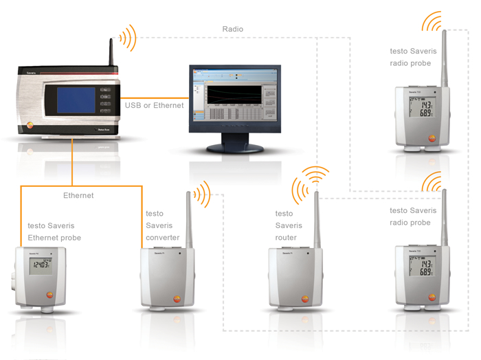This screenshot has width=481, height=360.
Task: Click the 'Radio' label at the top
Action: (x=232, y=29)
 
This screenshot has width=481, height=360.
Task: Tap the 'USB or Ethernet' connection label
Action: (x=155, y=105)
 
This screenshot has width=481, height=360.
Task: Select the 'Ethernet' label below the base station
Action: (x=78, y=196)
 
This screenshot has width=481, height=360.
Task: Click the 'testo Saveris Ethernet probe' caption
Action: (x=54, y=232)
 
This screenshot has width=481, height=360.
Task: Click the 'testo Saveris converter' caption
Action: (x=163, y=225)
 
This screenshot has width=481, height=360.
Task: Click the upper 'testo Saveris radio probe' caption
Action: (x=410, y=57)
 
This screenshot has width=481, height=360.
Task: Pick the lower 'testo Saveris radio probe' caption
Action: (x=410, y=216)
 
